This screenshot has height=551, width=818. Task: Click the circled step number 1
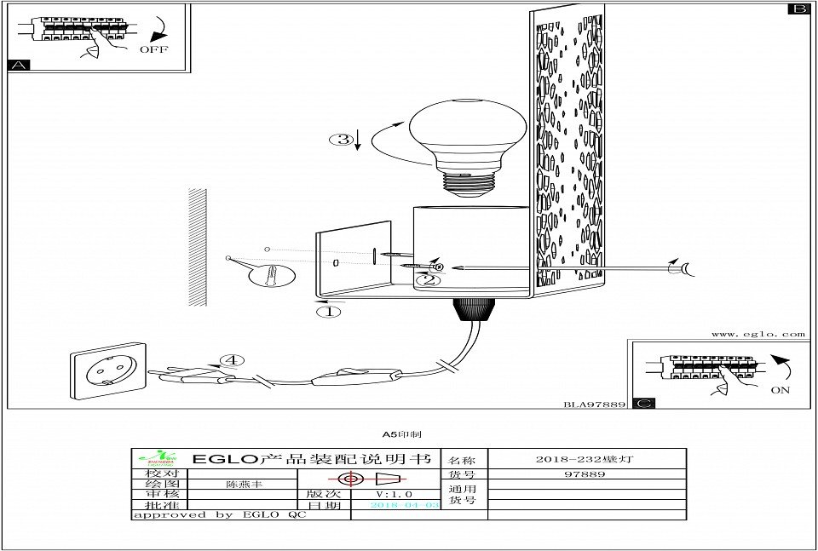(x=329, y=312)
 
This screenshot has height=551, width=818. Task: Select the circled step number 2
(x=428, y=278)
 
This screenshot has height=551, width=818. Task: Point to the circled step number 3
(x=340, y=140)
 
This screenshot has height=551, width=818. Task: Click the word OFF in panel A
(x=154, y=49)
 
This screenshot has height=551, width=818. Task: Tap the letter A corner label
(x=18, y=65)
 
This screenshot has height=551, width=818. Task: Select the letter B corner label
(x=798, y=9)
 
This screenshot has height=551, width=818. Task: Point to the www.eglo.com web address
(x=758, y=335)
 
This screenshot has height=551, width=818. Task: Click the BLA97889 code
(x=595, y=404)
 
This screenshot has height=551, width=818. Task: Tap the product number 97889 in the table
(x=585, y=474)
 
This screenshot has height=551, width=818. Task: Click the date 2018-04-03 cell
(x=405, y=505)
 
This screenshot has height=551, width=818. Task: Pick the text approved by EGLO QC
(x=220, y=515)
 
